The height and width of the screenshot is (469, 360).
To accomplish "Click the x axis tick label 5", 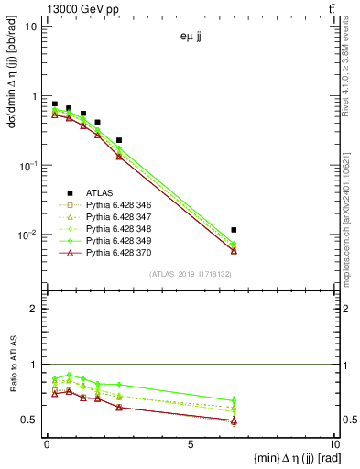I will pyautogui.click(x=190, y=444).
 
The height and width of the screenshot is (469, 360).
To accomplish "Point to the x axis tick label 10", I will pyautogui.click(x=333, y=444).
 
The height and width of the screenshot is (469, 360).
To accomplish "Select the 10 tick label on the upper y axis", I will pyautogui.click(x=30, y=27).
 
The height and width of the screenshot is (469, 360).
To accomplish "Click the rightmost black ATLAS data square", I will pyautogui.click(x=235, y=230).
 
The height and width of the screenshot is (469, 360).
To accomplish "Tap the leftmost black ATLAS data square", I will pyautogui.click(x=55, y=104).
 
